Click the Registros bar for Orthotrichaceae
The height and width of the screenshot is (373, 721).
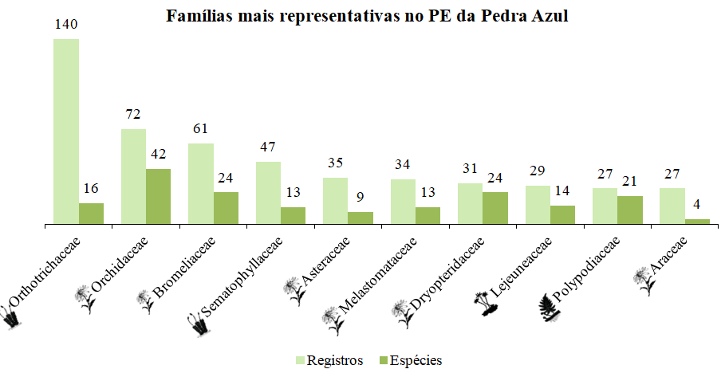66,132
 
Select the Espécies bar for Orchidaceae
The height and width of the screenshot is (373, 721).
159,196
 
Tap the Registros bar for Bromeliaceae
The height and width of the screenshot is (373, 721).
201,183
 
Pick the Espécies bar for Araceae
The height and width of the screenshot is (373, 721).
697,222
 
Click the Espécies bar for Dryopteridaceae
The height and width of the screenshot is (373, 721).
495,208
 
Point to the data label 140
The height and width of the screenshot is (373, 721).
66,24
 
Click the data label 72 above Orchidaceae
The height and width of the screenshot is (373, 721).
133,114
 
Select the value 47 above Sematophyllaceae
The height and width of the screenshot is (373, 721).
268,147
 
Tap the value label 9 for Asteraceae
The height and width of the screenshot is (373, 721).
360,197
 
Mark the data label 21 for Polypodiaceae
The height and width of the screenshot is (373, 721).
630,181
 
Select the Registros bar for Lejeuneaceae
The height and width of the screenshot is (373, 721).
538,205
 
